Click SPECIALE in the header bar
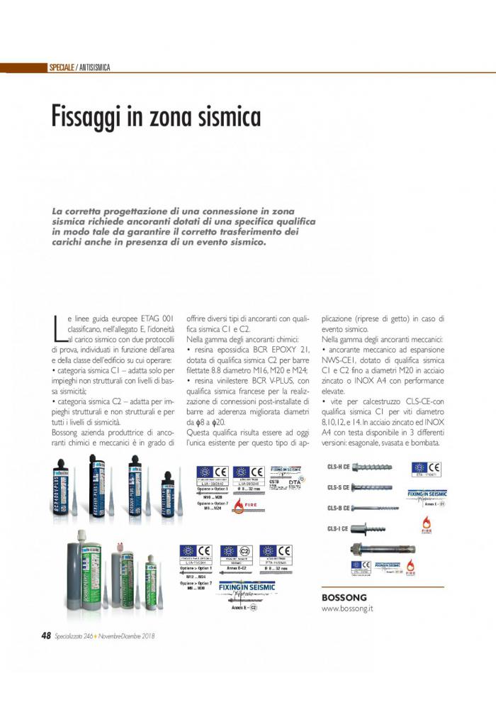pyautogui.click(x=62, y=67)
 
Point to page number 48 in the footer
pyautogui.click(x=45, y=635)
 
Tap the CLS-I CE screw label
pyautogui.click(x=337, y=528)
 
